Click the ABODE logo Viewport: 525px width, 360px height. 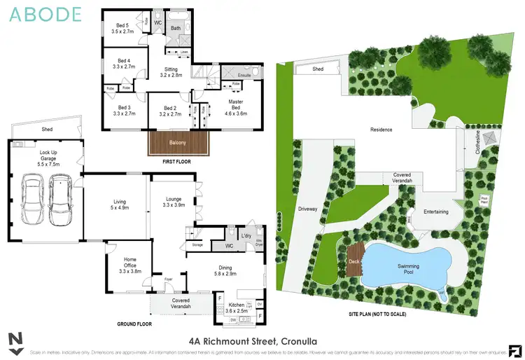[x=45, y=13]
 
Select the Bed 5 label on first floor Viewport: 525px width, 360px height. [x=124, y=28]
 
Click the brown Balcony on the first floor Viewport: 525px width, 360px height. [x=178, y=144]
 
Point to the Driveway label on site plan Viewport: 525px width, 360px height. [x=307, y=209]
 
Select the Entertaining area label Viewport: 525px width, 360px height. [x=436, y=212]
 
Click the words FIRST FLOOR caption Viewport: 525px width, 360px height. [x=178, y=161]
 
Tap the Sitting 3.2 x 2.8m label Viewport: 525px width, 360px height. [x=171, y=72]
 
